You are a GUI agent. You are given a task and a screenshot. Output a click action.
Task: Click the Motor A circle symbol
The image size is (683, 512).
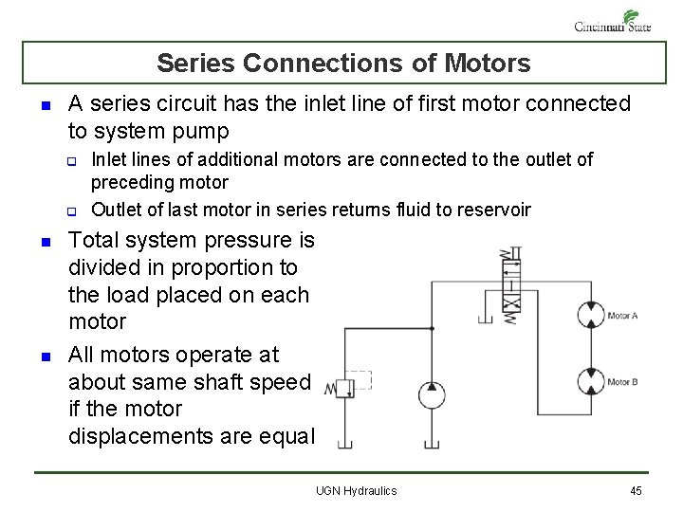(592, 315)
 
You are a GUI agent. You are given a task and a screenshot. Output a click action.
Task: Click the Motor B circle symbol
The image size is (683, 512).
(592, 381)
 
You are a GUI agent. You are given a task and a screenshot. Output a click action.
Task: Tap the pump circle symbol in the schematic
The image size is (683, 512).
(432, 394)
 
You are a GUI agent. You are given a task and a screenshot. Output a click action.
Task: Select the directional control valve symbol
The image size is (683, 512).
(511, 283)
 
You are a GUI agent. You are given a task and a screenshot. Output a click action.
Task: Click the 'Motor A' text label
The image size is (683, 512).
(622, 316)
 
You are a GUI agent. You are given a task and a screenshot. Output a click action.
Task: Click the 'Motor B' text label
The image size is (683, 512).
(622, 382)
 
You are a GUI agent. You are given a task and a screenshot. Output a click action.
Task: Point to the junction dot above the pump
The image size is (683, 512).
(432, 329)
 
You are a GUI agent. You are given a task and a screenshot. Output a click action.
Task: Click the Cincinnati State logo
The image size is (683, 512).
(614, 21)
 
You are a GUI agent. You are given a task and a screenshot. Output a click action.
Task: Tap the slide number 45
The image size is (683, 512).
(636, 490)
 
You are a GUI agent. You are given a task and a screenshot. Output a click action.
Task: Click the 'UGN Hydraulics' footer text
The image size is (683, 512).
(357, 490)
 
